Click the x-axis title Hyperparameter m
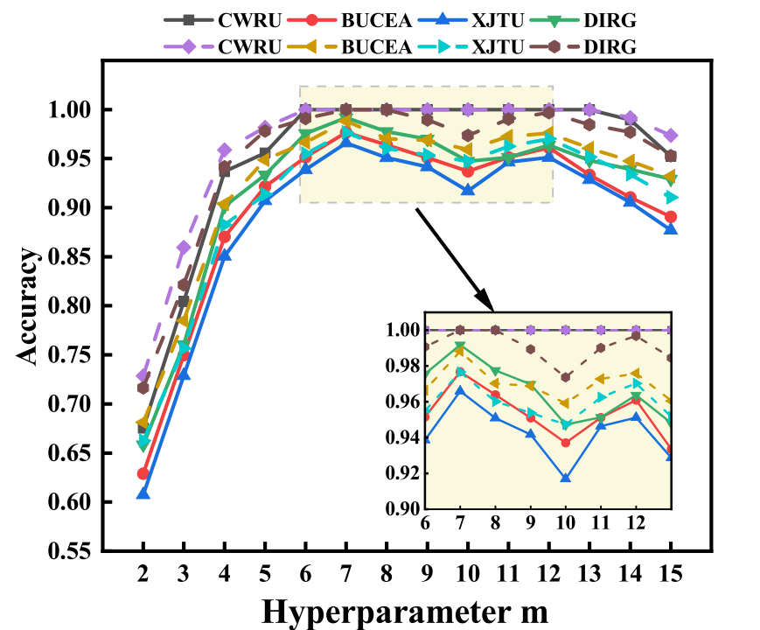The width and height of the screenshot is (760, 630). (x=405, y=610)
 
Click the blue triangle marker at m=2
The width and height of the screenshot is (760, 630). (x=143, y=494)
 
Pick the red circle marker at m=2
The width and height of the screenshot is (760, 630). (x=143, y=473)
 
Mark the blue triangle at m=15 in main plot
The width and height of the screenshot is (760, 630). (x=670, y=229)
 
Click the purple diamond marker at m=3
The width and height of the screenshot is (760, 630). (x=184, y=248)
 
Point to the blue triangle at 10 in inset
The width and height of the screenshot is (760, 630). (x=566, y=478)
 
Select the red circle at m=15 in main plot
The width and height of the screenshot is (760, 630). (x=670, y=216)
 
